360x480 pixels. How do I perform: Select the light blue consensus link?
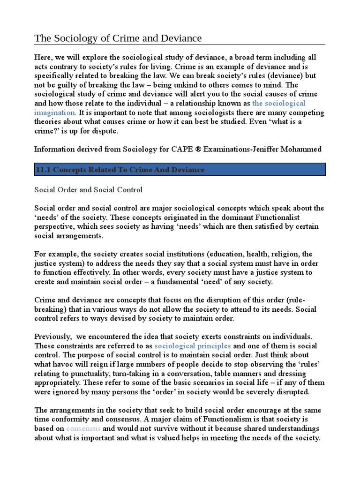tap(83, 428)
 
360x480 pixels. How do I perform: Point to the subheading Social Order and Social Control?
tap(89, 190)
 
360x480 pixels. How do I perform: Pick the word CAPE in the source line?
tap(152, 150)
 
